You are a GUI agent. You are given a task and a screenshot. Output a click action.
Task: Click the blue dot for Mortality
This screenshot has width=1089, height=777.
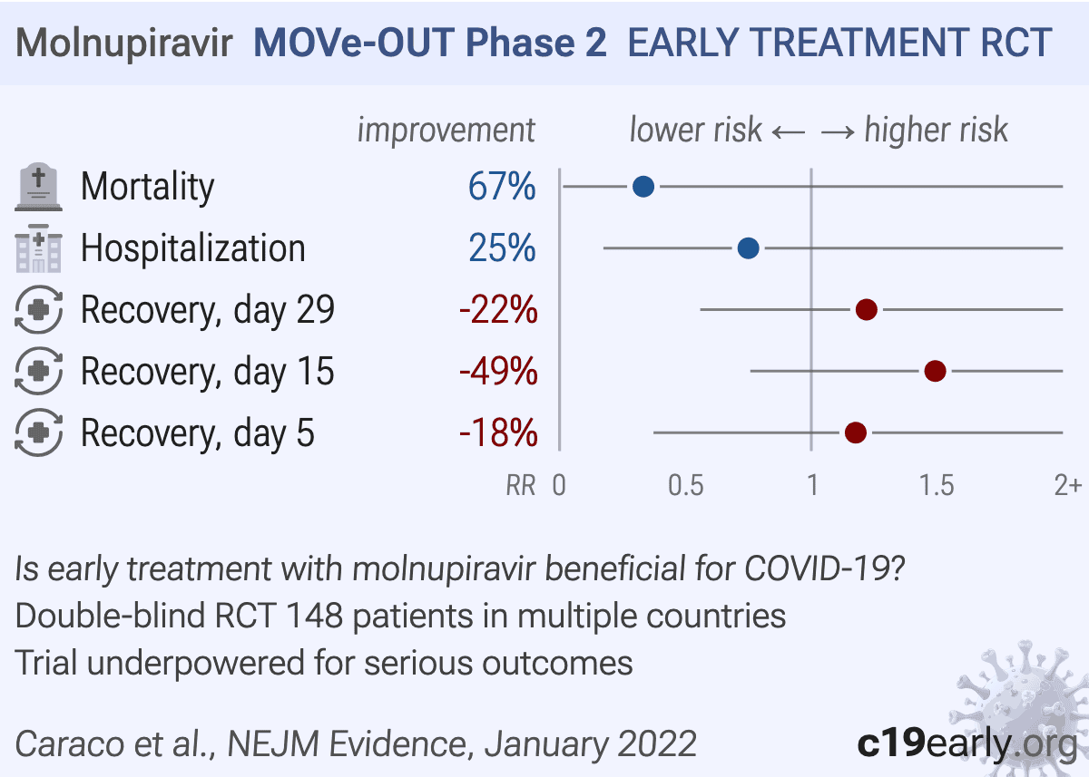coord(643,187)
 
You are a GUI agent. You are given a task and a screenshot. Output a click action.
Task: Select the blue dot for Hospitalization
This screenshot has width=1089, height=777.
coord(748,248)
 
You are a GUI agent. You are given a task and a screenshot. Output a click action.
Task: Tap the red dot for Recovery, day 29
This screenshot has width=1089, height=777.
coord(867,309)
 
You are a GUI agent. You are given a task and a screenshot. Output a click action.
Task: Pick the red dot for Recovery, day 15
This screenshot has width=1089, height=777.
coord(935,371)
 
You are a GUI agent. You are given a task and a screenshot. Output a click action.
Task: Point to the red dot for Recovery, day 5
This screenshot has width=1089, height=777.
coord(856,432)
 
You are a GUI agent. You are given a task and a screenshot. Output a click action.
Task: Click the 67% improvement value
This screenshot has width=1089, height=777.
coord(502,187)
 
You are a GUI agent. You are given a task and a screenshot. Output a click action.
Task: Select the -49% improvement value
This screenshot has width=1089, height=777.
coord(498,371)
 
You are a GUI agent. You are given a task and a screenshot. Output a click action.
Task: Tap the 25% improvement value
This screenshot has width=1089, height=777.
coord(502,248)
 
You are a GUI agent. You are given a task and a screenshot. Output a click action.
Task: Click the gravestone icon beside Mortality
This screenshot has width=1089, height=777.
coord(38,187)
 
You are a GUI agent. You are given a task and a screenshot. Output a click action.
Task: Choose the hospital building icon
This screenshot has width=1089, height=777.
coord(38,248)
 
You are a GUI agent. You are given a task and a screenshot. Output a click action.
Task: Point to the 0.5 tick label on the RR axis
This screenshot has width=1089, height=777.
coord(685,485)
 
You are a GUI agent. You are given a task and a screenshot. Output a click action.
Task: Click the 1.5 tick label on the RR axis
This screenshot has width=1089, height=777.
coord(937,485)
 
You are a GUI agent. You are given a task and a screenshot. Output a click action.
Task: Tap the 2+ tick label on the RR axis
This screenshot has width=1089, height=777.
coord(1067,485)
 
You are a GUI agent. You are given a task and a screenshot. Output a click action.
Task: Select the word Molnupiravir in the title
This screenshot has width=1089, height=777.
coord(124,44)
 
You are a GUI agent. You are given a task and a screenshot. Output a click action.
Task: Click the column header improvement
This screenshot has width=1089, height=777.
coord(446,131)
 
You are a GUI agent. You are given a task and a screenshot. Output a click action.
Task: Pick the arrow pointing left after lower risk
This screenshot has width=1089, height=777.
coord(789,131)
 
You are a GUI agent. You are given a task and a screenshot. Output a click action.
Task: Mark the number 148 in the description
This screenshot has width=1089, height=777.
coord(315,616)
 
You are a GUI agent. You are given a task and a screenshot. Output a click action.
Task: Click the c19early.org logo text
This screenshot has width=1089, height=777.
coord(967,743)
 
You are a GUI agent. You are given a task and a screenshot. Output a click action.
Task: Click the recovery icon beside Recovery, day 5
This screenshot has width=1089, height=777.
coord(38,432)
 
